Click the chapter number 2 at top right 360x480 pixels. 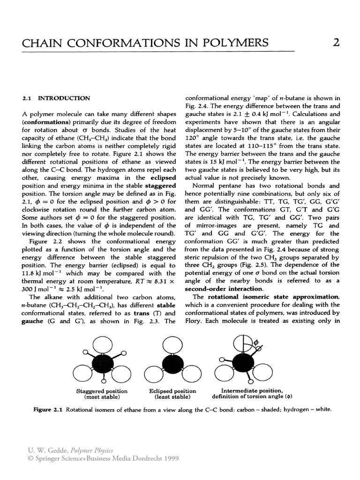click(x=336, y=43)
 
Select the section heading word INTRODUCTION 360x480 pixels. click(x=64, y=98)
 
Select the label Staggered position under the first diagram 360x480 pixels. click(x=102, y=391)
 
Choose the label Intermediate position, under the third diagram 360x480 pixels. click(x=252, y=390)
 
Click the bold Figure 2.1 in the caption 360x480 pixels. click(x=48, y=409)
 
